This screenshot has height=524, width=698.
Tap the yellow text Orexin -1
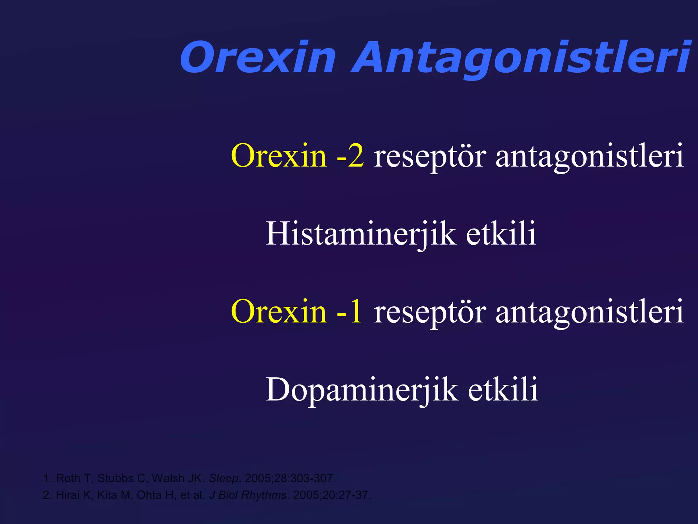pyautogui.click(x=296, y=311)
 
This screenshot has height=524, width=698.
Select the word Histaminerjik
pyautogui.click(x=361, y=234)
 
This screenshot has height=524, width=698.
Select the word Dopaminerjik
pyautogui.click(x=362, y=389)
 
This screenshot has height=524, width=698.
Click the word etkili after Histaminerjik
pyautogui.click(x=501, y=234)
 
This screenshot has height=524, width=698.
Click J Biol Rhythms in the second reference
pyautogui.click(x=248, y=495)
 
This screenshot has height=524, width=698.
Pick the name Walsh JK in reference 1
pyautogui.click(x=177, y=478)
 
